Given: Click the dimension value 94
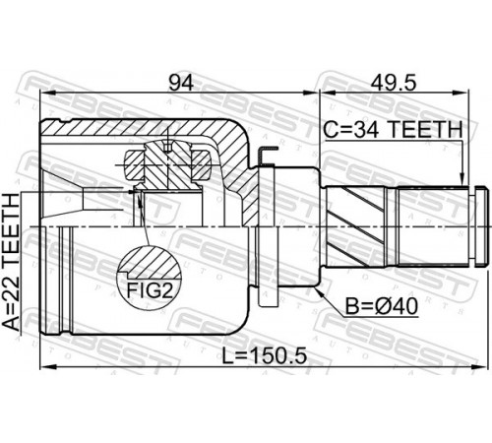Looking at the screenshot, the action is (181, 83).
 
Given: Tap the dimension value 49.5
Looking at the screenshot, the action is (394, 83).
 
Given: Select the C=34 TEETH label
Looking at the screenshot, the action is (393, 130).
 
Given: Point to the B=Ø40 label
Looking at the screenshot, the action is (382, 307).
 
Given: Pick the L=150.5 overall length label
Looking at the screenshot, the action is (265, 356).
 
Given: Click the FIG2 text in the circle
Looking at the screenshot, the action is (150, 290).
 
